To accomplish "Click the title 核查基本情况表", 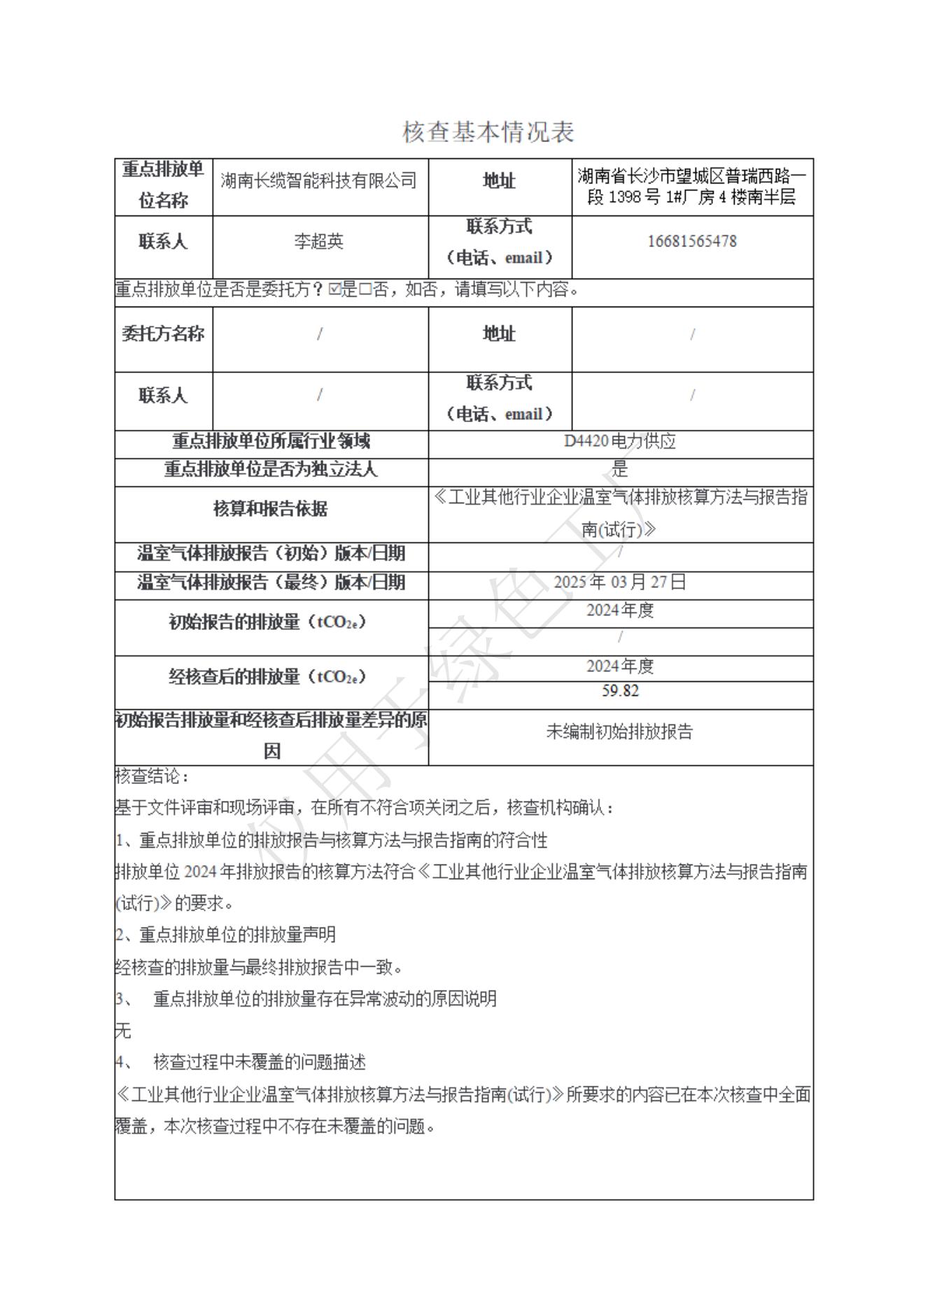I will [488, 132].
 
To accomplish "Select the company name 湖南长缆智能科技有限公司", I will [319, 181].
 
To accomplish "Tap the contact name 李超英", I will [319, 241].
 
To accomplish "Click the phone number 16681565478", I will [691, 241].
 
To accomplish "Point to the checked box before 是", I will [334, 289].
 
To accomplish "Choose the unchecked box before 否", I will [365, 289].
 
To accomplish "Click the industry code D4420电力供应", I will [620, 441].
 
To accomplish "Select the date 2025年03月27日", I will [620, 582].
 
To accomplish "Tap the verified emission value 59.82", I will [620, 691].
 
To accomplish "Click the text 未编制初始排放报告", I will [620, 731].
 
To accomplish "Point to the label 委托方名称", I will [163, 334].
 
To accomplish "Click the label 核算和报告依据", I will [271, 509].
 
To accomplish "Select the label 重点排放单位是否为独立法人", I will [271, 469].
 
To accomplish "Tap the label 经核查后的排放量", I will [267, 677].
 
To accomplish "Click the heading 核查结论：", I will [152, 776].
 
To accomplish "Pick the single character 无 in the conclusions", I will [123, 1030].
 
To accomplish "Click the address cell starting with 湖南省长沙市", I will [691, 186].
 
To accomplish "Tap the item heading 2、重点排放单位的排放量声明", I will [225, 934].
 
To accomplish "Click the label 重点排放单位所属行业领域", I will [271, 441].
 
